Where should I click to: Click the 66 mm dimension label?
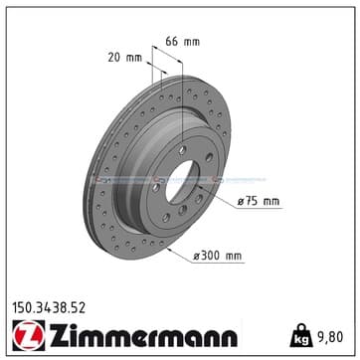pos(183,42)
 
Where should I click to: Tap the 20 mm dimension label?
pos(125,58)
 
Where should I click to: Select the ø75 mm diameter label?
pos(259,201)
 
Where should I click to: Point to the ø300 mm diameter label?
pos(218,256)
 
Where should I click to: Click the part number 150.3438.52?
pos(49,308)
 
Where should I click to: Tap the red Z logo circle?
pos(28,335)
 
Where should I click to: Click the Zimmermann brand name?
pos(143,335)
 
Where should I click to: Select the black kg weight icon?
pos(301,335)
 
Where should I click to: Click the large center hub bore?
pos(183,181)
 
